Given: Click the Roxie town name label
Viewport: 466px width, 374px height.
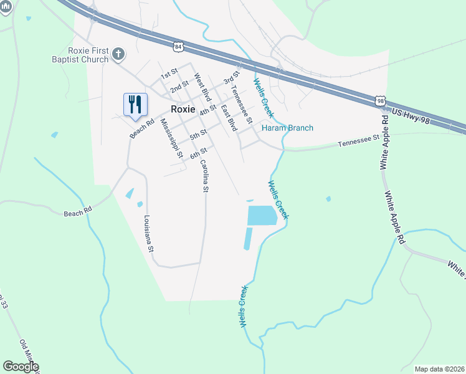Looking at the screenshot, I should [183, 108].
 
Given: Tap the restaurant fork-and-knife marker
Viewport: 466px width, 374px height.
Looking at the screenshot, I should [135, 104].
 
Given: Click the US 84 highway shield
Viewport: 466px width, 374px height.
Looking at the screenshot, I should [179, 47].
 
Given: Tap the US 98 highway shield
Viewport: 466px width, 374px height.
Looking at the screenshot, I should [381, 101].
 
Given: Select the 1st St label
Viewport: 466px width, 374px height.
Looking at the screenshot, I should [169, 75].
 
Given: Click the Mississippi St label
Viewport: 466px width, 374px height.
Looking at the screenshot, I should [171, 138].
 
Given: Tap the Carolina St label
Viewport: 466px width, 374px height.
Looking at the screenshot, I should [204, 175].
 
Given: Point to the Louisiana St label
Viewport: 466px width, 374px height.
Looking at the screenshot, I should [148, 233].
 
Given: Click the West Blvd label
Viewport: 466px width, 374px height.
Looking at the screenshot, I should [202, 89].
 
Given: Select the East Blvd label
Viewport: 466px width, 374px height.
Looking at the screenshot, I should [229, 118].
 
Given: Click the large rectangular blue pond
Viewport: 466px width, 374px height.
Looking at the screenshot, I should [262, 216].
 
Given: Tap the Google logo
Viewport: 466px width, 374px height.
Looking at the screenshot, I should [21, 367].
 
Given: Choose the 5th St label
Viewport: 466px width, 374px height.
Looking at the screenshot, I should [198, 134].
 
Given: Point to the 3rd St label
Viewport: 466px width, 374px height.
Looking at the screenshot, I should [231, 78].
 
